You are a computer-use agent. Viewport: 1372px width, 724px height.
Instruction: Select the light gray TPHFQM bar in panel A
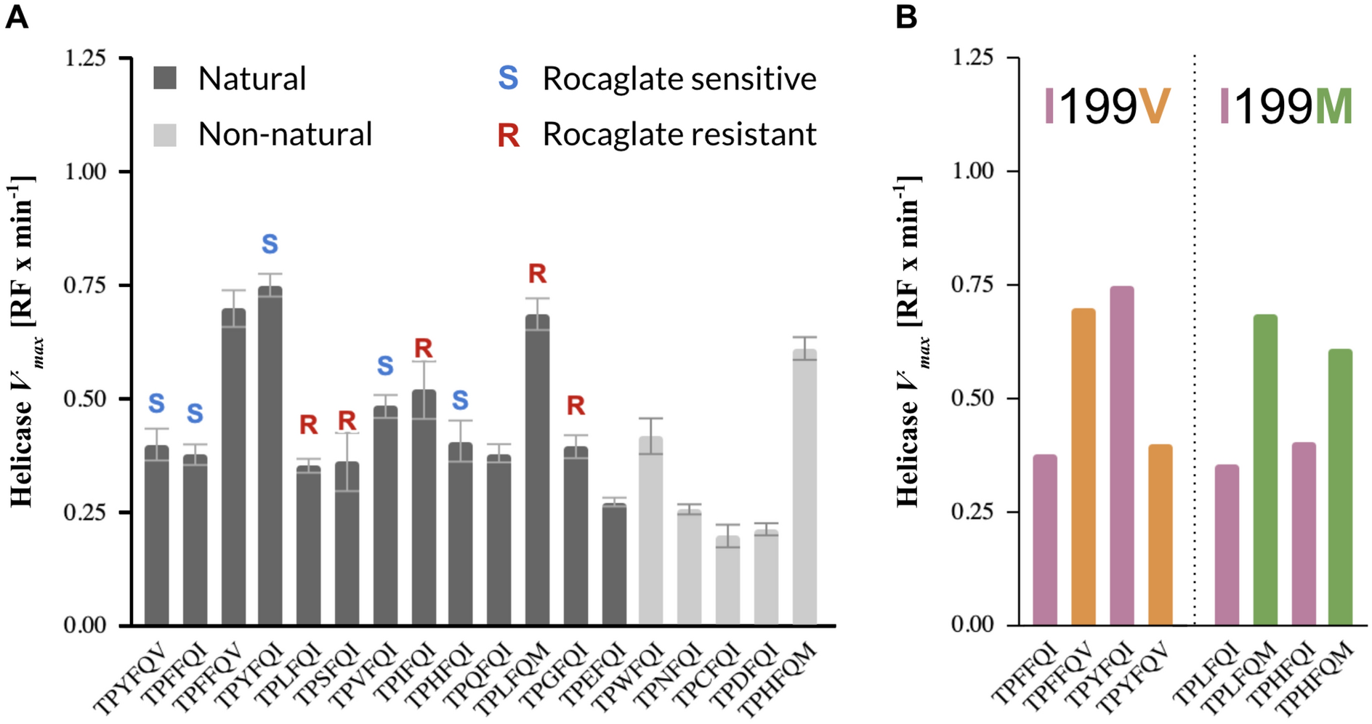pos(804,487)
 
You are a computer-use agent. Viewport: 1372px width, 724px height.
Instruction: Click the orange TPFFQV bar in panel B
pos(1083,466)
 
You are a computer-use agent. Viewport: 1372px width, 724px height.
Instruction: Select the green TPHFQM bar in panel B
pos(1340,487)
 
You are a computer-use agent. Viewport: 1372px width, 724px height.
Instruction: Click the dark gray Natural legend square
pos(165,79)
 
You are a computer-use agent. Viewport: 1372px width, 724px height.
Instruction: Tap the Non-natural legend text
pos(285,134)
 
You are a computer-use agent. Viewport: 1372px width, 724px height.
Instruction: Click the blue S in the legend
pos(508,79)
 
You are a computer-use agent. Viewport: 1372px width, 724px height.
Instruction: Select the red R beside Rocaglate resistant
pos(508,135)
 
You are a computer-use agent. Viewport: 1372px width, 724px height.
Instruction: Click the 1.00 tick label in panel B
pos(972,171)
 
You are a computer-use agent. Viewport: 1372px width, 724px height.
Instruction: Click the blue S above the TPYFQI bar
pos(270,244)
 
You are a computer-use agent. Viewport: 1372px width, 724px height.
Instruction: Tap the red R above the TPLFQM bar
pos(537,274)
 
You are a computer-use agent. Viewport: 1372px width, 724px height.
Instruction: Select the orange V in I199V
pos(1155,107)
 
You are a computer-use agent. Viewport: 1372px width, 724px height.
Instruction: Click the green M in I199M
pos(1333,107)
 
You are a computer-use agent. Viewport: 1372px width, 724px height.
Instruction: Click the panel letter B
pos(906,16)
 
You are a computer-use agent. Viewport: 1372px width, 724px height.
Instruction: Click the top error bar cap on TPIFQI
pos(424,361)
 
